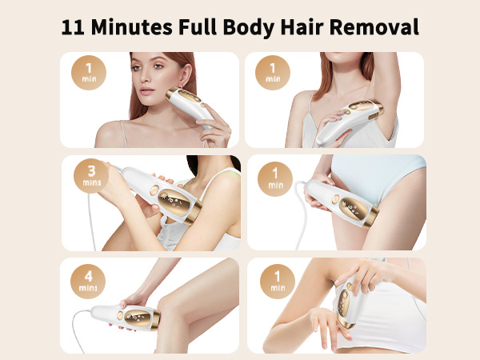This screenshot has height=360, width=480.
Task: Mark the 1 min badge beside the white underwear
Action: pos(274,177)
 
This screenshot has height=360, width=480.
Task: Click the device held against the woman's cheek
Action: pos(193,109)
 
